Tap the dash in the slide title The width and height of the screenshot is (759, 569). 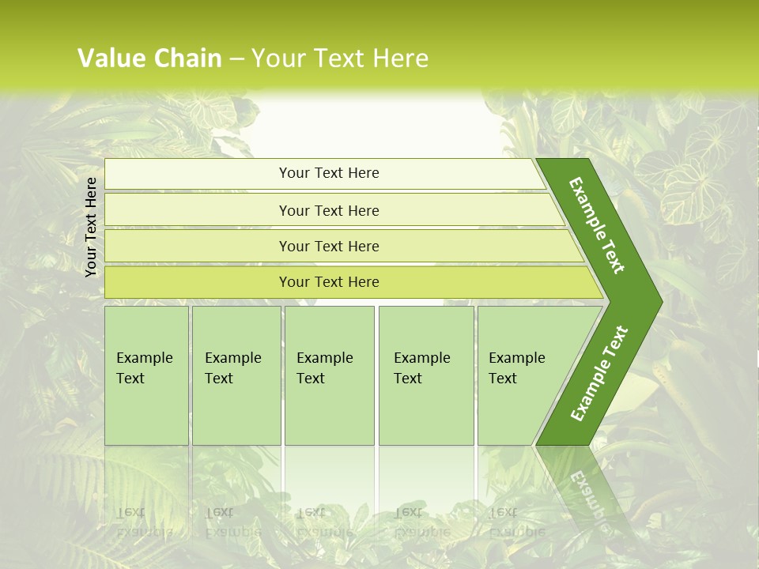[237, 59]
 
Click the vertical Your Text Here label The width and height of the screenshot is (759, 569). [91, 227]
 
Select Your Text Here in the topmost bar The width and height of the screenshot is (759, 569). [329, 173]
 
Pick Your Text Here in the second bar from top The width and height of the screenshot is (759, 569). [329, 210]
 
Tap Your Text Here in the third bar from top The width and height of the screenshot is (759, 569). [329, 246]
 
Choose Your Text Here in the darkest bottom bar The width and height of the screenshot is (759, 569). [329, 282]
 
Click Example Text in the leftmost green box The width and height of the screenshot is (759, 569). [144, 368]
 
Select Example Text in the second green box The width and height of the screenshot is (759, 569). [232, 368]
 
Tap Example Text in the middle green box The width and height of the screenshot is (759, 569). [324, 368]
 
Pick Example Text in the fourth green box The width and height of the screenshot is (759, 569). [421, 368]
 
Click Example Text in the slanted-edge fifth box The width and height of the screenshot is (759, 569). [516, 368]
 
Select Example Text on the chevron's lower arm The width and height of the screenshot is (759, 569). [599, 374]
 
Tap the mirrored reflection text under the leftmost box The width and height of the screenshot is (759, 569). [144, 522]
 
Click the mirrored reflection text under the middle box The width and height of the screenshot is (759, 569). [324, 522]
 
